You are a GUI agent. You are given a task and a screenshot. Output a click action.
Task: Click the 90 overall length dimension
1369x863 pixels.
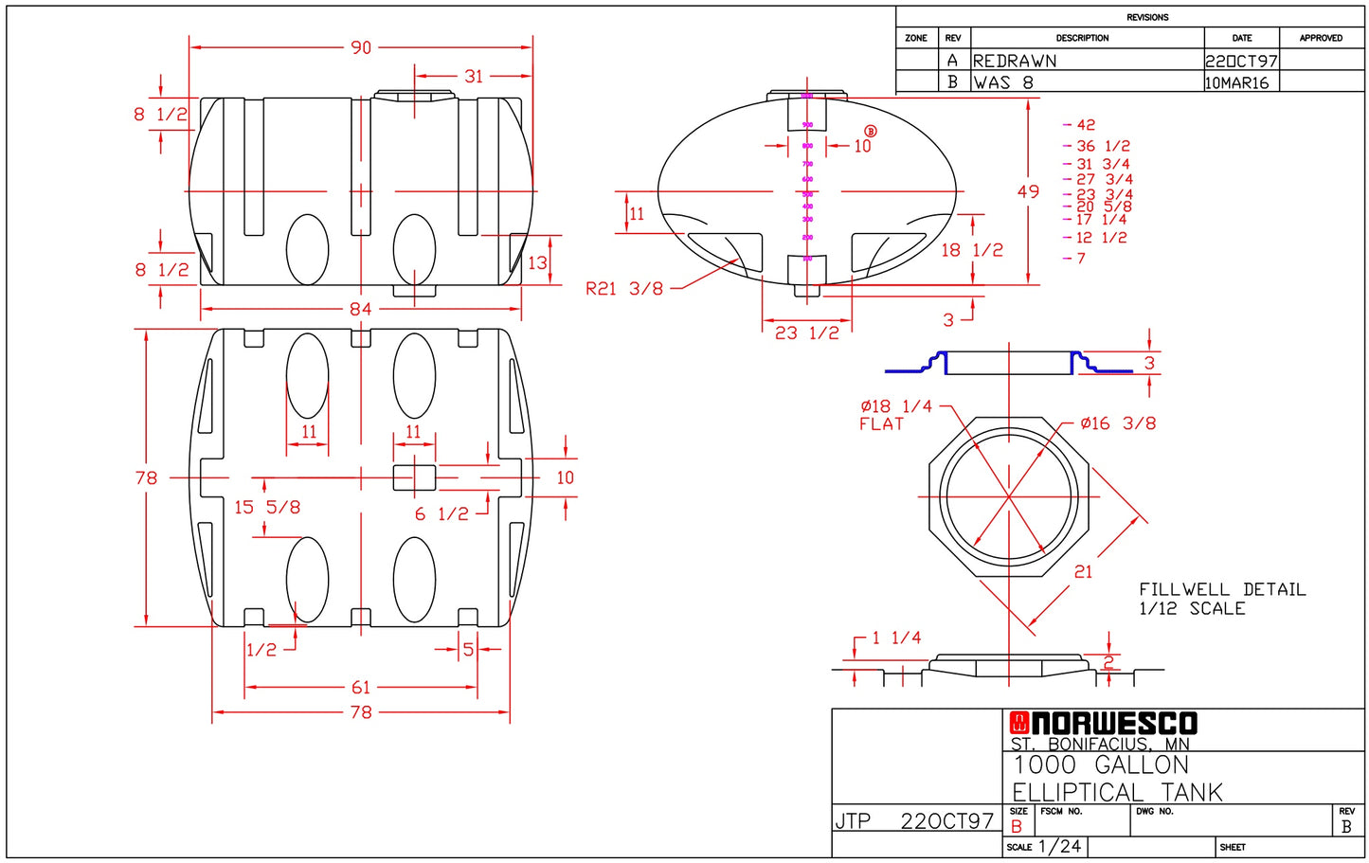click(x=361, y=47)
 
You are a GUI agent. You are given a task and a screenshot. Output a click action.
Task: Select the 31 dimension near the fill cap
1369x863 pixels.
click(x=473, y=77)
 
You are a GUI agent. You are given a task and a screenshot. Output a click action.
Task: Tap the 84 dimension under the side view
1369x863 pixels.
click(x=361, y=309)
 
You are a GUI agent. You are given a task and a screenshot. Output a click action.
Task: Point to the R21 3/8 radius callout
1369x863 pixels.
click(x=624, y=289)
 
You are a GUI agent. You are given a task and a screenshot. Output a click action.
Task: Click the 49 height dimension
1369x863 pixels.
click(x=1028, y=191)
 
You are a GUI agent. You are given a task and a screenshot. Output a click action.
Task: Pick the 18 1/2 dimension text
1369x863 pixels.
click(x=971, y=250)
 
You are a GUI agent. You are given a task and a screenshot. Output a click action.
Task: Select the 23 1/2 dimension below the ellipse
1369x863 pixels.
click(x=807, y=333)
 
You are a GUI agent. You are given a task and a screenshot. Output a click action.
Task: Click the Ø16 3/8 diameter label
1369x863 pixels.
click(x=1118, y=423)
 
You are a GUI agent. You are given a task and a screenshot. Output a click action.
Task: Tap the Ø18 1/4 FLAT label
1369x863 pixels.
click(x=895, y=415)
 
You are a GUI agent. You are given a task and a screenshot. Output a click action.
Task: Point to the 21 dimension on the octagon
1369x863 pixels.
click(x=1083, y=572)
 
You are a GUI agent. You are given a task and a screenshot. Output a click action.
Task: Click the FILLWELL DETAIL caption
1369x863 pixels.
click(x=1221, y=590)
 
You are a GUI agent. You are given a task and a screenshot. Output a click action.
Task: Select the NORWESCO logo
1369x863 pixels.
click(x=1104, y=724)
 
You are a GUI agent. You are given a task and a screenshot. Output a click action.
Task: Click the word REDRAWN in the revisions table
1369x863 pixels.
click(x=1015, y=61)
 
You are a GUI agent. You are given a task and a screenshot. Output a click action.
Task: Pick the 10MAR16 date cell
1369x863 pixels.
click(x=1236, y=82)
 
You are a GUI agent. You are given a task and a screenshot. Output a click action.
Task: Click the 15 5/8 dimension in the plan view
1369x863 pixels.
click(x=267, y=508)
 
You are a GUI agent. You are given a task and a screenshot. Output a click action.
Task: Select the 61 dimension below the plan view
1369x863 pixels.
click(x=361, y=688)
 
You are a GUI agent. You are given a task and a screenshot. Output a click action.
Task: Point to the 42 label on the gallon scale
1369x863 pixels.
click(x=1086, y=125)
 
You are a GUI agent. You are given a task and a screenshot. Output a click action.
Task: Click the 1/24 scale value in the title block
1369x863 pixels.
click(x=1059, y=847)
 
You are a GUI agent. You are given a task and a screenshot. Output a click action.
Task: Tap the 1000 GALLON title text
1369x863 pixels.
click(x=1100, y=765)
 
